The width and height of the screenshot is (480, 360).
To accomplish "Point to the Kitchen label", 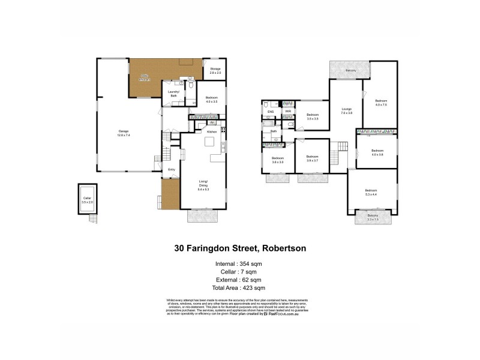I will [212, 131].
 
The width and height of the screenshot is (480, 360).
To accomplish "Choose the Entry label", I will [171, 170].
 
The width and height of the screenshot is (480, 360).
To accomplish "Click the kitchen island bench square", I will [210, 142].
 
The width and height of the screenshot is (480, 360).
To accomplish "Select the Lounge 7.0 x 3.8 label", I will [346, 111].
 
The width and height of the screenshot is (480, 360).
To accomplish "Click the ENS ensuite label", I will [270, 111].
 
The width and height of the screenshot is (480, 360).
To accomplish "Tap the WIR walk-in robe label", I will [288, 111].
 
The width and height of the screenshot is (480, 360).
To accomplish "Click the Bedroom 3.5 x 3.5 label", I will [312, 116].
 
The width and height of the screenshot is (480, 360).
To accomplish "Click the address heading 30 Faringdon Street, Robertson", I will [239, 247].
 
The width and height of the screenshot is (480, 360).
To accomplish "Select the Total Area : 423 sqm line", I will [239, 287].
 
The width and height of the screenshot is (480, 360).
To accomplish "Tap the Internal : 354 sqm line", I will [239, 263].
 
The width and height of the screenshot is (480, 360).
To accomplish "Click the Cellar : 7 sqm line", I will [239, 271].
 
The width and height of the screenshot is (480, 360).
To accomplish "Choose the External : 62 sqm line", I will [239, 280].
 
